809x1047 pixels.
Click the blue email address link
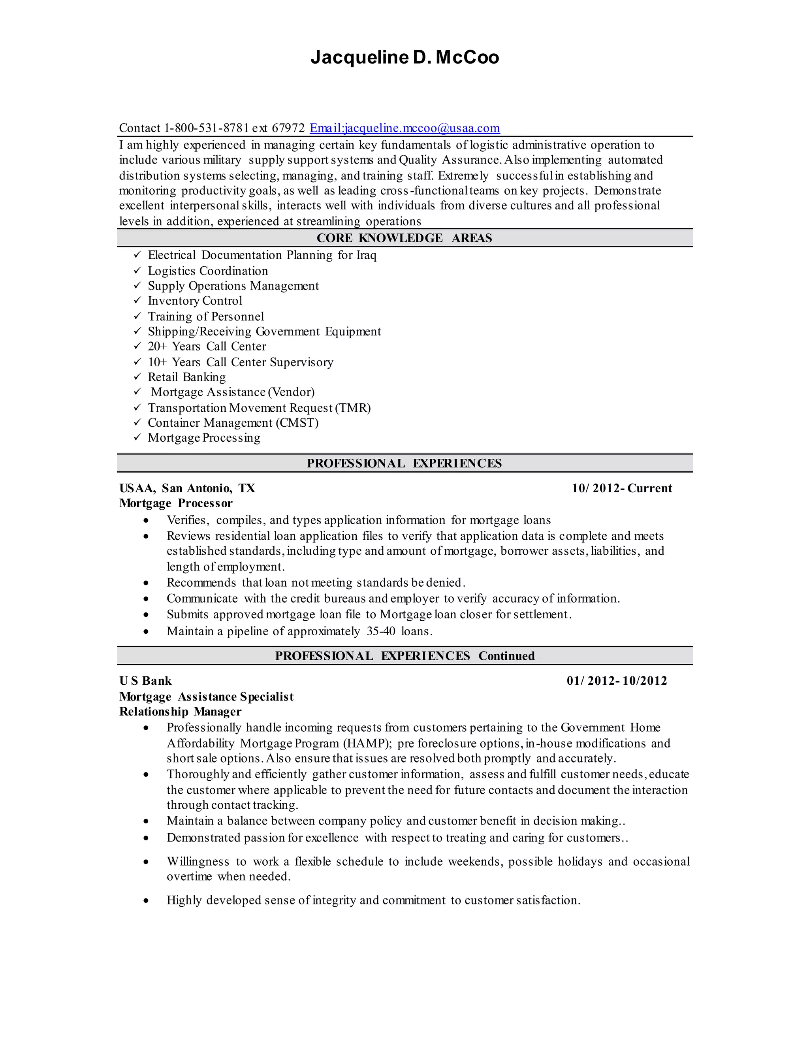pos(404,128)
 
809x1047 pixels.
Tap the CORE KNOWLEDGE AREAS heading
pos(404,238)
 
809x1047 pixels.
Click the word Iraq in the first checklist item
pos(366,255)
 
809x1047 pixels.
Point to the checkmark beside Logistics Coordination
pos(137,270)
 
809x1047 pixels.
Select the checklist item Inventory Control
pos(195,301)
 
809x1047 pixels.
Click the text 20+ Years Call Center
pos(207,346)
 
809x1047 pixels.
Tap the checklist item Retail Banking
pos(186,377)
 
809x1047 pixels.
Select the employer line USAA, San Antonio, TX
pos(187,488)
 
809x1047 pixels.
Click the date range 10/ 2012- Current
pos(622,488)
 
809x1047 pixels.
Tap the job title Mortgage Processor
pos(176,503)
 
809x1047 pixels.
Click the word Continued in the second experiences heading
pos(506,656)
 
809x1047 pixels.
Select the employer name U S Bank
pos(145,681)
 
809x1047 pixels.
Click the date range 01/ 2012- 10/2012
pos(617,681)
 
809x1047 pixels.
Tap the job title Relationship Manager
pos(180,712)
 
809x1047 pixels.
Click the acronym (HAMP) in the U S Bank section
pos(368,743)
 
